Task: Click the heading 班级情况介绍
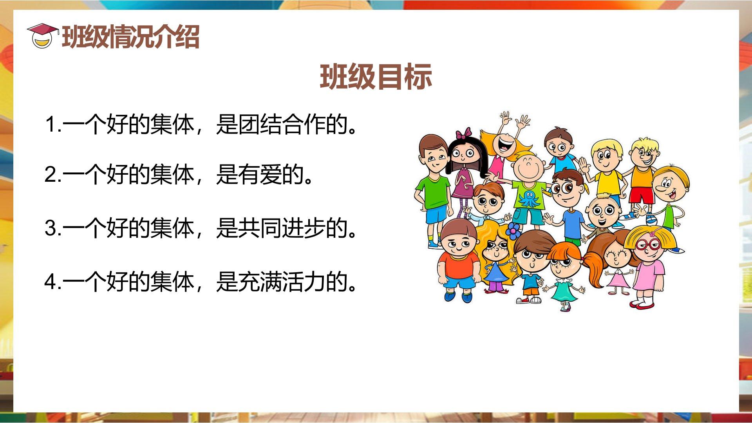[x=131, y=37]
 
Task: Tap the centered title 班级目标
[x=376, y=76]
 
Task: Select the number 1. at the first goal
[x=53, y=125]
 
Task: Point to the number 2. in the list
[x=53, y=174]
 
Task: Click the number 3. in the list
[x=53, y=228]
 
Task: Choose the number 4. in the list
[x=53, y=281]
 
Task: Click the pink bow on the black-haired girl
[x=464, y=134]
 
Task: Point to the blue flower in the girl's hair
[x=513, y=231]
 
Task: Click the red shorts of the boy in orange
[x=641, y=195]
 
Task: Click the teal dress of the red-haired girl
[x=564, y=290]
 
